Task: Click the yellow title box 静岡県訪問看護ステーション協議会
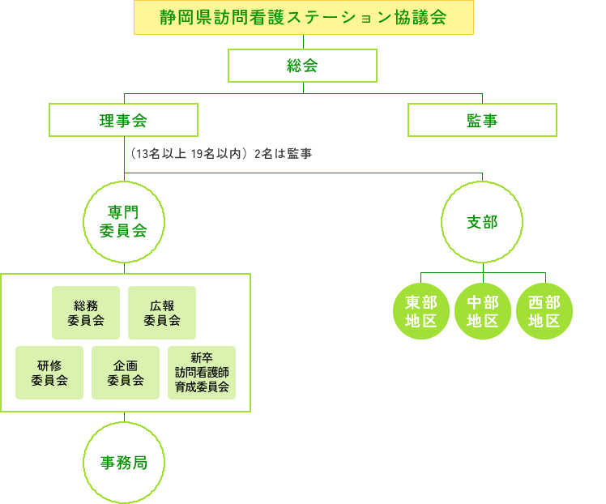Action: click(x=303, y=18)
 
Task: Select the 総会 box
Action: click(x=302, y=66)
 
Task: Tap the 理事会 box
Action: click(x=123, y=120)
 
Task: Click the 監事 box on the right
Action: click(x=482, y=120)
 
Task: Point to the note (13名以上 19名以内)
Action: click(x=187, y=154)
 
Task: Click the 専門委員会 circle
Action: click(x=124, y=221)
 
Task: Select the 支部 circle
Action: click(x=482, y=221)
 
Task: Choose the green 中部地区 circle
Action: click(x=483, y=311)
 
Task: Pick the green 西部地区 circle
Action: click(x=544, y=311)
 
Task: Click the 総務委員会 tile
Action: click(x=86, y=313)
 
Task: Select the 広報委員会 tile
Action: click(x=162, y=313)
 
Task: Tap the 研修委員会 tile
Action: click(x=49, y=373)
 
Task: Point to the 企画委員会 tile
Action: click(x=125, y=373)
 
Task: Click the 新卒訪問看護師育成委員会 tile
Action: click(x=202, y=373)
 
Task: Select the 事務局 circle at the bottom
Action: click(x=124, y=463)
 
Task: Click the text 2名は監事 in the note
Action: click(x=283, y=154)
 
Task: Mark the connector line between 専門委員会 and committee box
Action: click(x=124, y=267)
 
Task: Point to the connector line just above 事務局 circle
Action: click(x=124, y=417)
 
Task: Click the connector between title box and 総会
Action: click(x=303, y=41)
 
